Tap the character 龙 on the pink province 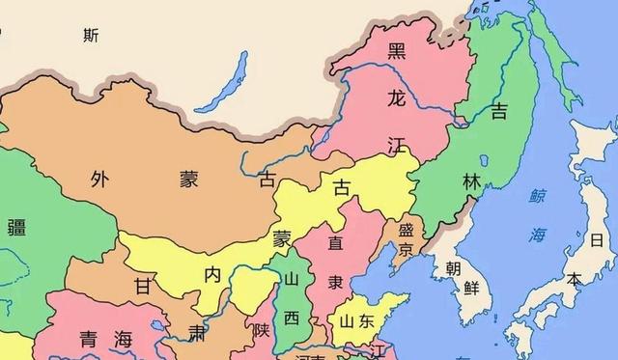pos(395,97)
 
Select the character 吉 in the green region pos(499,113)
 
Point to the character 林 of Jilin pos(470,180)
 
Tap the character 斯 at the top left pos(91,36)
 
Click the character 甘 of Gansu pos(143,288)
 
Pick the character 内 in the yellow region pos(212,274)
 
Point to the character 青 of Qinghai pos(87,339)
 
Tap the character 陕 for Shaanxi pos(261,330)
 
